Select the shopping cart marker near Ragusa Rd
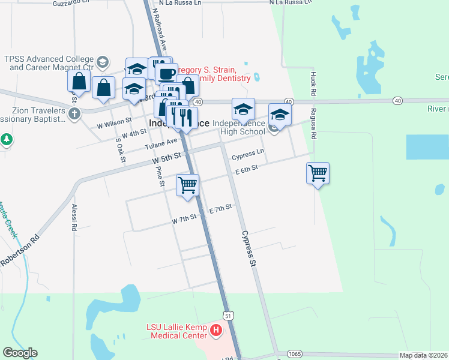click(x=318, y=173)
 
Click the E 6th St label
click(x=246, y=170)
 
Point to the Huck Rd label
click(x=313, y=85)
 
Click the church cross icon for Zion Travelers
click(x=74, y=114)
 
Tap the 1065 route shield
click(x=294, y=353)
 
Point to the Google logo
click(x=20, y=353)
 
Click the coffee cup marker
click(x=166, y=74)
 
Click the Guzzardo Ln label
click(x=71, y=4)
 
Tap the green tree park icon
click(x=6, y=140)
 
